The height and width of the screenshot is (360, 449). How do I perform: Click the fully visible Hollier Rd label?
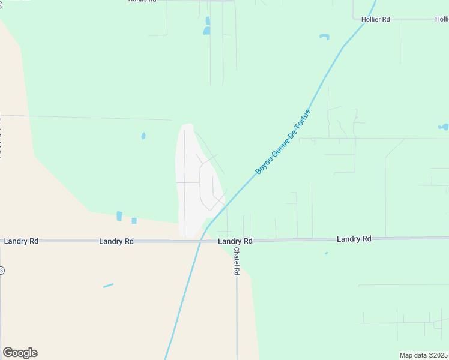pyautogui.click(x=376, y=20)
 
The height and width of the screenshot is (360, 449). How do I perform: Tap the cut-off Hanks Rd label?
pyautogui.click(x=142, y=1)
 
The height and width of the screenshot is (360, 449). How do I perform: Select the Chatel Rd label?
pyautogui.click(x=237, y=262)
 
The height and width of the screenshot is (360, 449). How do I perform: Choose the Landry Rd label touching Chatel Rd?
pyautogui.click(x=235, y=241)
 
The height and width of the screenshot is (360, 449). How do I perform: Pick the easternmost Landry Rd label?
pyautogui.click(x=354, y=239)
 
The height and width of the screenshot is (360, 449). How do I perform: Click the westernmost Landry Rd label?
pyautogui.click(x=21, y=241)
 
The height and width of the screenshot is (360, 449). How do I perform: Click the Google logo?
pyautogui.click(x=20, y=353)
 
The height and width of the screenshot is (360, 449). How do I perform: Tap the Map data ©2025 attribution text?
pyautogui.click(x=423, y=355)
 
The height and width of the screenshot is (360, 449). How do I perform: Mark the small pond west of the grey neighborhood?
pyautogui.click(x=143, y=136)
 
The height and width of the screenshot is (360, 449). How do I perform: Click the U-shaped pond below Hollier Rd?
pyautogui.click(x=324, y=37)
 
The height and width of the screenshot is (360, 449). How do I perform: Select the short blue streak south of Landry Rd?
pyautogui.click(x=108, y=286)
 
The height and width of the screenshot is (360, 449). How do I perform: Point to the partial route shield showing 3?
pyautogui.click(x=2, y=270)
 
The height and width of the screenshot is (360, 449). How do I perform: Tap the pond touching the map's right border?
pyautogui.click(x=444, y=127)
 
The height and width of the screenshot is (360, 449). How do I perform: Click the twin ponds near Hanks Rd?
pyautogui.click(x=207, y=25)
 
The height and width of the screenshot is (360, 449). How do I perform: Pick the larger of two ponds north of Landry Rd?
pyautogui.click(x=119, y=216)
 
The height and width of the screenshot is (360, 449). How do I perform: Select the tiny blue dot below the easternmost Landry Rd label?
pyautogui.click(x=326, y=253)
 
